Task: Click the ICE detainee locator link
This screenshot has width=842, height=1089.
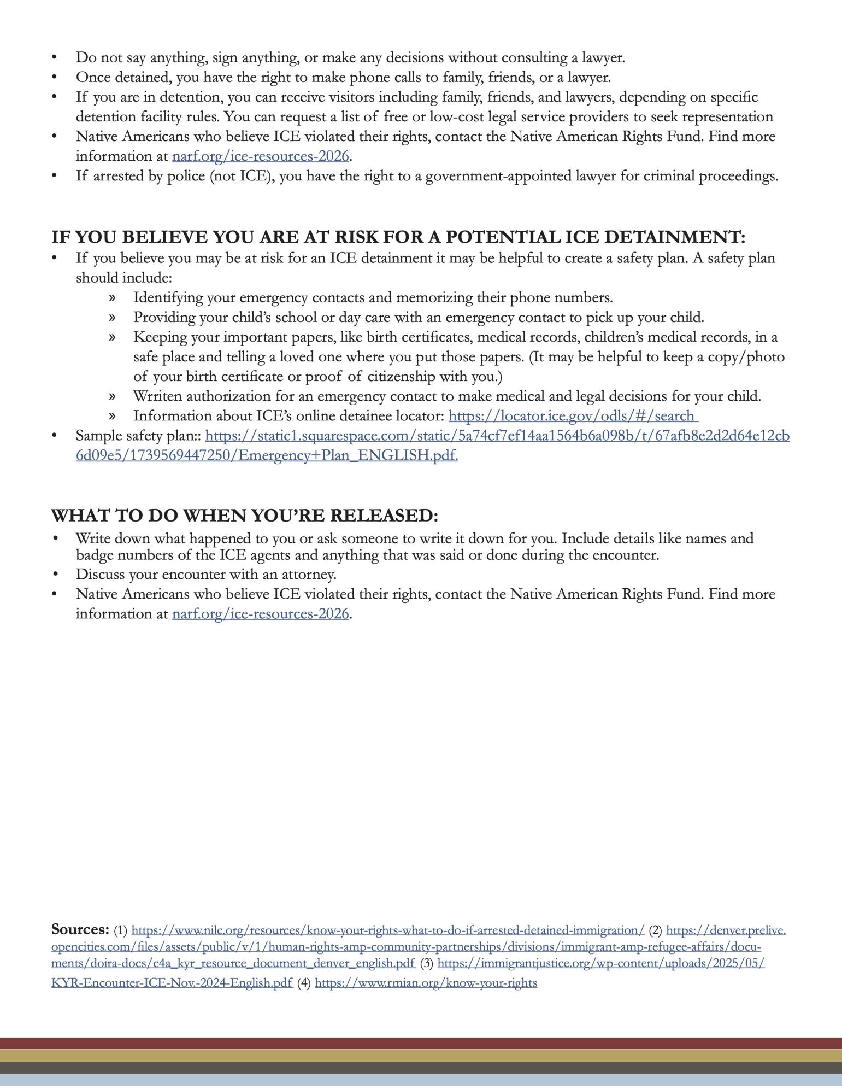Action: (573, 416)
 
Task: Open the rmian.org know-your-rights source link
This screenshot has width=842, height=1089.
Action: (426, 983)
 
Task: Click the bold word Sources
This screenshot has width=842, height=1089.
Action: (80, 929)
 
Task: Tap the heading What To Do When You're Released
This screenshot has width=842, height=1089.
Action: (244, 516)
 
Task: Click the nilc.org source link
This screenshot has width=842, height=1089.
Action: (388, 930)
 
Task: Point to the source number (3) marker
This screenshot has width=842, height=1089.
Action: (427, 963)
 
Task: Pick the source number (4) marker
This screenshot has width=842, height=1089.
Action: (304, 983)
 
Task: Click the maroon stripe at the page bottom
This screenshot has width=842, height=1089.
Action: (421, 1043)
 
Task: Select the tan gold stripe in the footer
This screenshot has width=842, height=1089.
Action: (421, 1056)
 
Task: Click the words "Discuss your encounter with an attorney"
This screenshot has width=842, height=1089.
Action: (206, 575)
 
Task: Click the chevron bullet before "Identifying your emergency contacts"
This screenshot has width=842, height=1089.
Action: (112, 298)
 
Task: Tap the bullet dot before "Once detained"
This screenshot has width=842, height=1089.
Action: (54, 77)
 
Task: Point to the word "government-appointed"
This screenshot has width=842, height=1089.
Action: (499, 176)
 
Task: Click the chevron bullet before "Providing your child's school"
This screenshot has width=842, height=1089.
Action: (112, 318)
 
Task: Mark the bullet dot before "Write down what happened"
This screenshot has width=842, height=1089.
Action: (54, 538)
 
